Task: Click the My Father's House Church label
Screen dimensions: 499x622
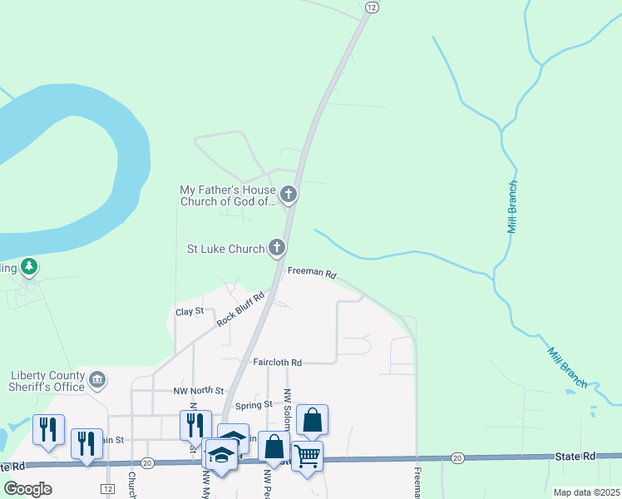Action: (227, 195)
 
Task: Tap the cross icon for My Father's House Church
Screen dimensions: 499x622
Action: (289, 195)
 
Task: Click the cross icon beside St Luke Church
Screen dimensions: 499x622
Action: (277, 247)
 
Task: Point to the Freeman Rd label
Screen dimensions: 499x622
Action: (312, 273)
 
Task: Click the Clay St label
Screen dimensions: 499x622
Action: (190, 311)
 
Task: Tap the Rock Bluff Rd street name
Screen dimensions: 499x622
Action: (240, 308)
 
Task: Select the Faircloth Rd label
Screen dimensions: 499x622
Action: (279, 363)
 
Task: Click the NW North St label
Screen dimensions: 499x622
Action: (199, 390)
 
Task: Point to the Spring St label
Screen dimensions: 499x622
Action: (254, 405)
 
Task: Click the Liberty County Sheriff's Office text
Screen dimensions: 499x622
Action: (48, 380)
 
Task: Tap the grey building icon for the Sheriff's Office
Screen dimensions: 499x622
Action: (97, 380)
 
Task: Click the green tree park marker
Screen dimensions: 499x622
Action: (29, 266)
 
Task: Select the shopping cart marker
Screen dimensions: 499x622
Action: (307, 456)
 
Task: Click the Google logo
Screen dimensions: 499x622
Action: (27, 489)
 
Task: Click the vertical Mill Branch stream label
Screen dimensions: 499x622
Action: (513, 206)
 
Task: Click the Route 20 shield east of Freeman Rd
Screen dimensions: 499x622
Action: (457, 458)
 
